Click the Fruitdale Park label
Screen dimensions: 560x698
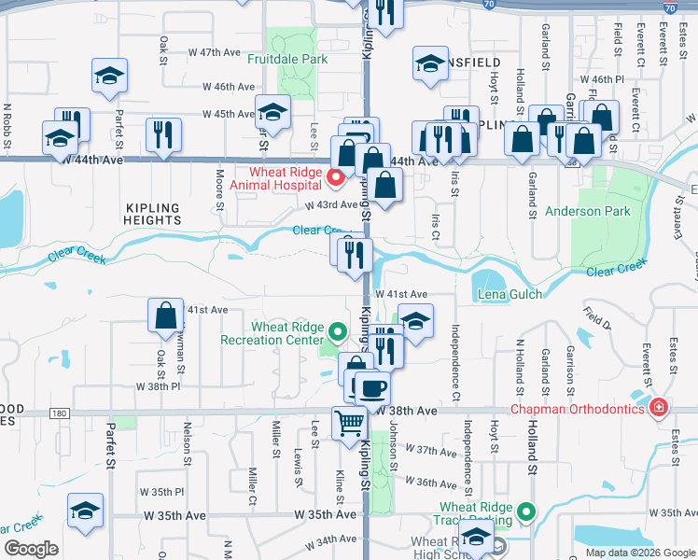click(x=287, y=59)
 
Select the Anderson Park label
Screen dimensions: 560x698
click(x=587, y=212)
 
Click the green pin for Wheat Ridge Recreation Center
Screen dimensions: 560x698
click(x=339, y=330)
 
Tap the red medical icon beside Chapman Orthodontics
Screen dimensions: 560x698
click(x=660, y=409)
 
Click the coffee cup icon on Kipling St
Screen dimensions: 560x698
click(x=373, y=387)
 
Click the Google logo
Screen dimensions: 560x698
click(x=31, y=549)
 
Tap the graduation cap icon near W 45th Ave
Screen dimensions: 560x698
click(x=273, y=112)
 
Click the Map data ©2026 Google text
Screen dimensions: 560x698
click(x=641, y=553)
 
